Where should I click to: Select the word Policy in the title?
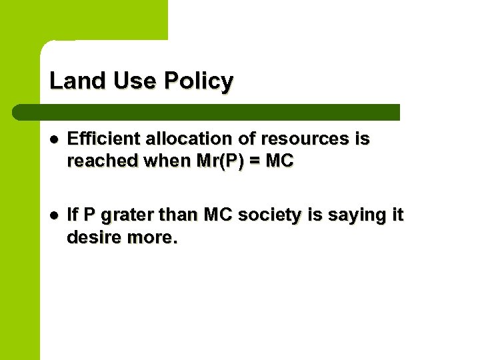198,81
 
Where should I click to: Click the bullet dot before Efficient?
55,140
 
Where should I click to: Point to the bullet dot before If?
55,215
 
